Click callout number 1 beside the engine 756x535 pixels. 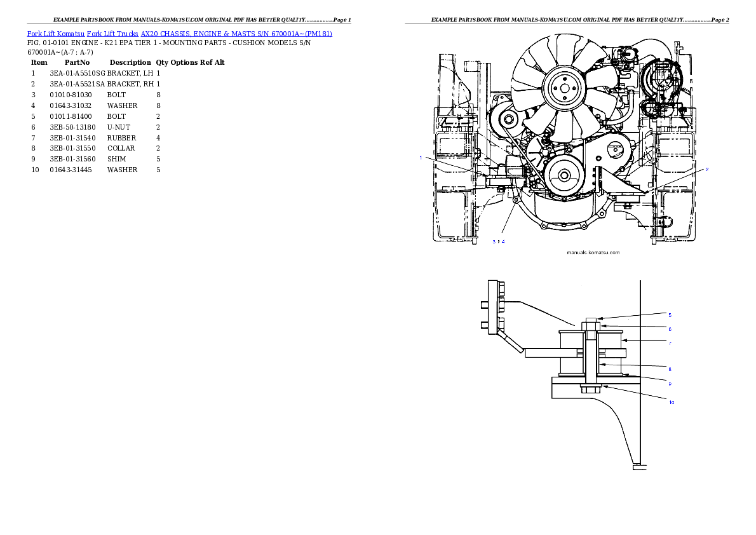pyautogui.click(x=421, y=158)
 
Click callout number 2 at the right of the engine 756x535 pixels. pyautogui.click(x=706, y=169)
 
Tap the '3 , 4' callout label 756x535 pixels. pyautogui.click(x=499, y=241)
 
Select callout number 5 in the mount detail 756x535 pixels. pyautogui.click(x=669, y=315)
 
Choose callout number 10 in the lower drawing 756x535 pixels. pyautogui.click(x=671, y=402)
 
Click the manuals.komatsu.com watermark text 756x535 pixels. pyautogui.click(x=593, y=252)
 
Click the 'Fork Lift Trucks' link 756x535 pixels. pyautogui.click(x=113, y=33)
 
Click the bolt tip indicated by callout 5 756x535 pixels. pyautogui.click(x=590, y=320)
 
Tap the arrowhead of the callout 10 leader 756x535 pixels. pyautogui.click(x=602, y=386)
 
